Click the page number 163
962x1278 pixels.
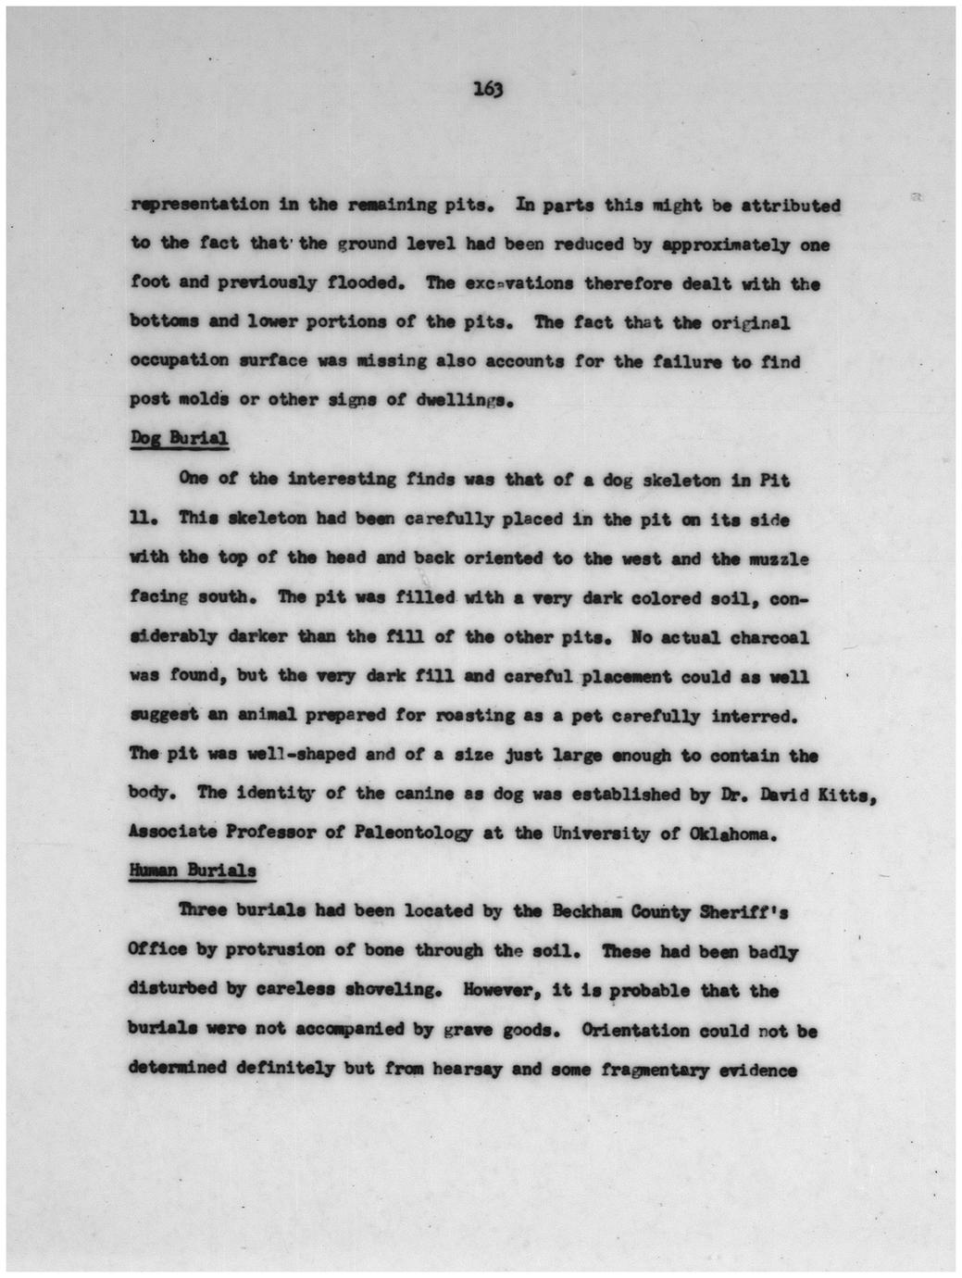[487, 89]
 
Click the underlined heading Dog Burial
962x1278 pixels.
[179, 438]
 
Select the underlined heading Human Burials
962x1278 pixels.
[193, 871]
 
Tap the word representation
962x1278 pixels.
[200, 205]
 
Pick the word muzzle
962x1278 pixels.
[775, 558]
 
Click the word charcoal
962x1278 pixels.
[770, 637]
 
